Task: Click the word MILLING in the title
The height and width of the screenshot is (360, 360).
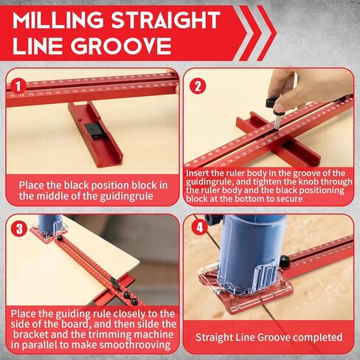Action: [x=58, y=20]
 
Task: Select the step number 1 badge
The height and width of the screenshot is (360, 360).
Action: [x=18, y=86]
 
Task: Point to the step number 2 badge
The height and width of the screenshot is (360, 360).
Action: [x=198, y=86]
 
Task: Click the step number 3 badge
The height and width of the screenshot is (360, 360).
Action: [x=19, y=229]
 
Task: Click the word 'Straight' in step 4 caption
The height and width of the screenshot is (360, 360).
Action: [x=214, y=337]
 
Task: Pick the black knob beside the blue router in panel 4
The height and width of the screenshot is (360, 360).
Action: [x=284, y=262]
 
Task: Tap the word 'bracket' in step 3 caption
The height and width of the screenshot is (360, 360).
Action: [x=30, y=335]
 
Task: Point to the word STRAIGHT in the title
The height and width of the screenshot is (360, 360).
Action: [x=166, y=20]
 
